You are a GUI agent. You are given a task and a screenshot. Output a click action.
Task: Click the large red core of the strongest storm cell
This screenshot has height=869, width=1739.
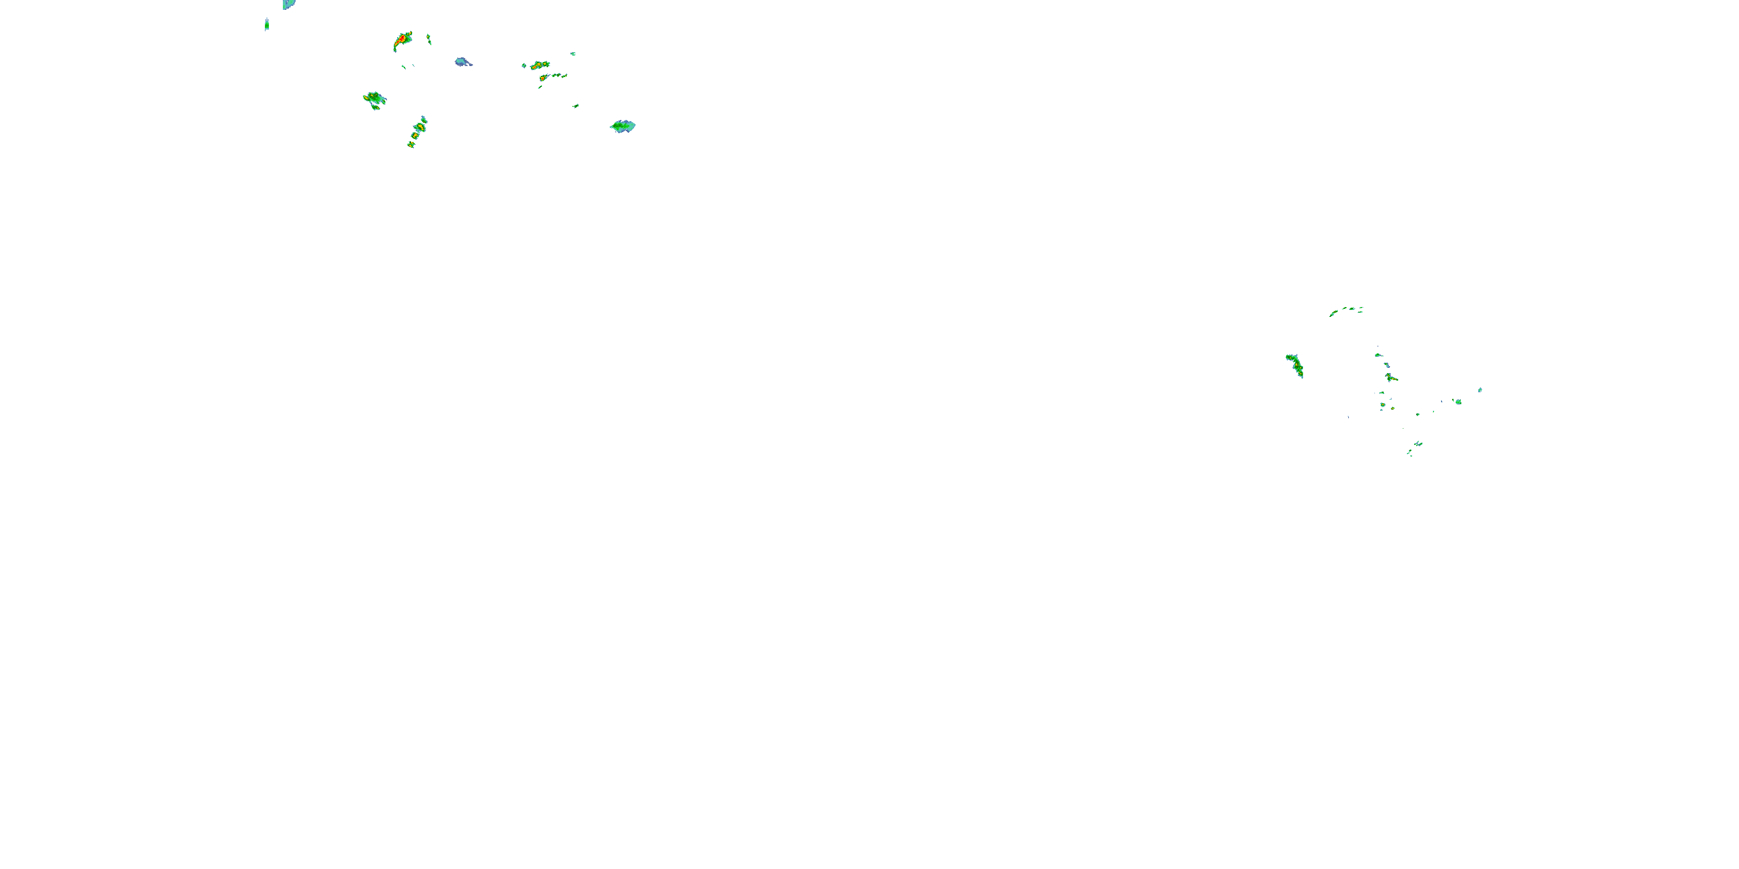[x=402, y=40]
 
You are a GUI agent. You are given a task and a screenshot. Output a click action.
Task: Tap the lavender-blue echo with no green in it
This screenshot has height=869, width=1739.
[x=463, y=62]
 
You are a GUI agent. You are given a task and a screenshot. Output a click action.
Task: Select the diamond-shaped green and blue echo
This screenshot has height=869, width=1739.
[x=623, y=126]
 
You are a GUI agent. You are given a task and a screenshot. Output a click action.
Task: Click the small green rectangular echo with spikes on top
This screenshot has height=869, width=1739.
[x=267, y=25]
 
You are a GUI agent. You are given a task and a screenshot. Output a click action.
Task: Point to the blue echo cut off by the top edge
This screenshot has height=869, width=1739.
[x=288, y=4]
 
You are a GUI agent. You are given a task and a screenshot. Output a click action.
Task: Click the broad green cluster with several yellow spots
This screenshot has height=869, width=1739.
[x=374, y=100]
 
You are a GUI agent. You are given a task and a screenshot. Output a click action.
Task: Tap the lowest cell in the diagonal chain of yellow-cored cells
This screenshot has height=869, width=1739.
[x=410, y=144]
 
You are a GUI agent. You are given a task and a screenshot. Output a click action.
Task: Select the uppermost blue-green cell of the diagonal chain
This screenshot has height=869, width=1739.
[x=424, y=119]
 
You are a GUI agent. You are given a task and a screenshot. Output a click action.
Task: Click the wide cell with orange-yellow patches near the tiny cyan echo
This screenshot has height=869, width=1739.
[x=538, y=65]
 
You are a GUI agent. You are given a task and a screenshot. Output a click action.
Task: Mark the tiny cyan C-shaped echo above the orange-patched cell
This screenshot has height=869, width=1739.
[x=573, y=53]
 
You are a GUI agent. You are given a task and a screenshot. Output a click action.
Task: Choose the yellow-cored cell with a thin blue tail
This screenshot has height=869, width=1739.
[x=544, y=78]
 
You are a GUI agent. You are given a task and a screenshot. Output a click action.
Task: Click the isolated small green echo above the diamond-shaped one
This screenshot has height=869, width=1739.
[x=576, y=105]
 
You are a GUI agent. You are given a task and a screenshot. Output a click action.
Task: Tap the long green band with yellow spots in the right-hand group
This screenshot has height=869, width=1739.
[x=1295, y=365]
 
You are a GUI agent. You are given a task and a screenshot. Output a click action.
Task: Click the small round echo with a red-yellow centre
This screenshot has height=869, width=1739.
[x=1383, y=405]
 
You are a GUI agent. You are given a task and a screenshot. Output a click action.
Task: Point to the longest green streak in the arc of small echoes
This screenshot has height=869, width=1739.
[x=1334, y=312]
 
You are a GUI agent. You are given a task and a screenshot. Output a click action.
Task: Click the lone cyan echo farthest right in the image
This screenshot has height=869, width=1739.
[x=1480, y=390]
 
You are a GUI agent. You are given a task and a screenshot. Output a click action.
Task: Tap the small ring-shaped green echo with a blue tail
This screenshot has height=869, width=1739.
[x=1378, y=355]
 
